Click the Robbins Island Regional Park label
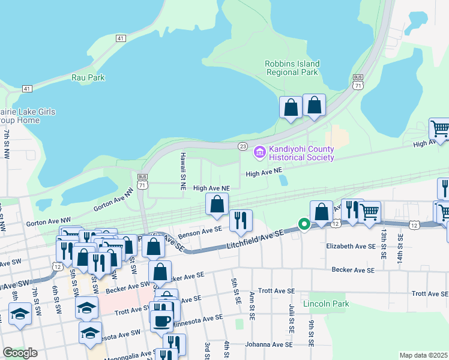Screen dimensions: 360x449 292,68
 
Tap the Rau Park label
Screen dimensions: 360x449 88,77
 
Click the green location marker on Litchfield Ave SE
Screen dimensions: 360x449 304,225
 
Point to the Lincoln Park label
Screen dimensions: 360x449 326,304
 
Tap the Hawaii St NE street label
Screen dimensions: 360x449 182,171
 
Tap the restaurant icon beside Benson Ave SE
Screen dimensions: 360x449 241,220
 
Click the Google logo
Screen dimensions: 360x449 20,353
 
